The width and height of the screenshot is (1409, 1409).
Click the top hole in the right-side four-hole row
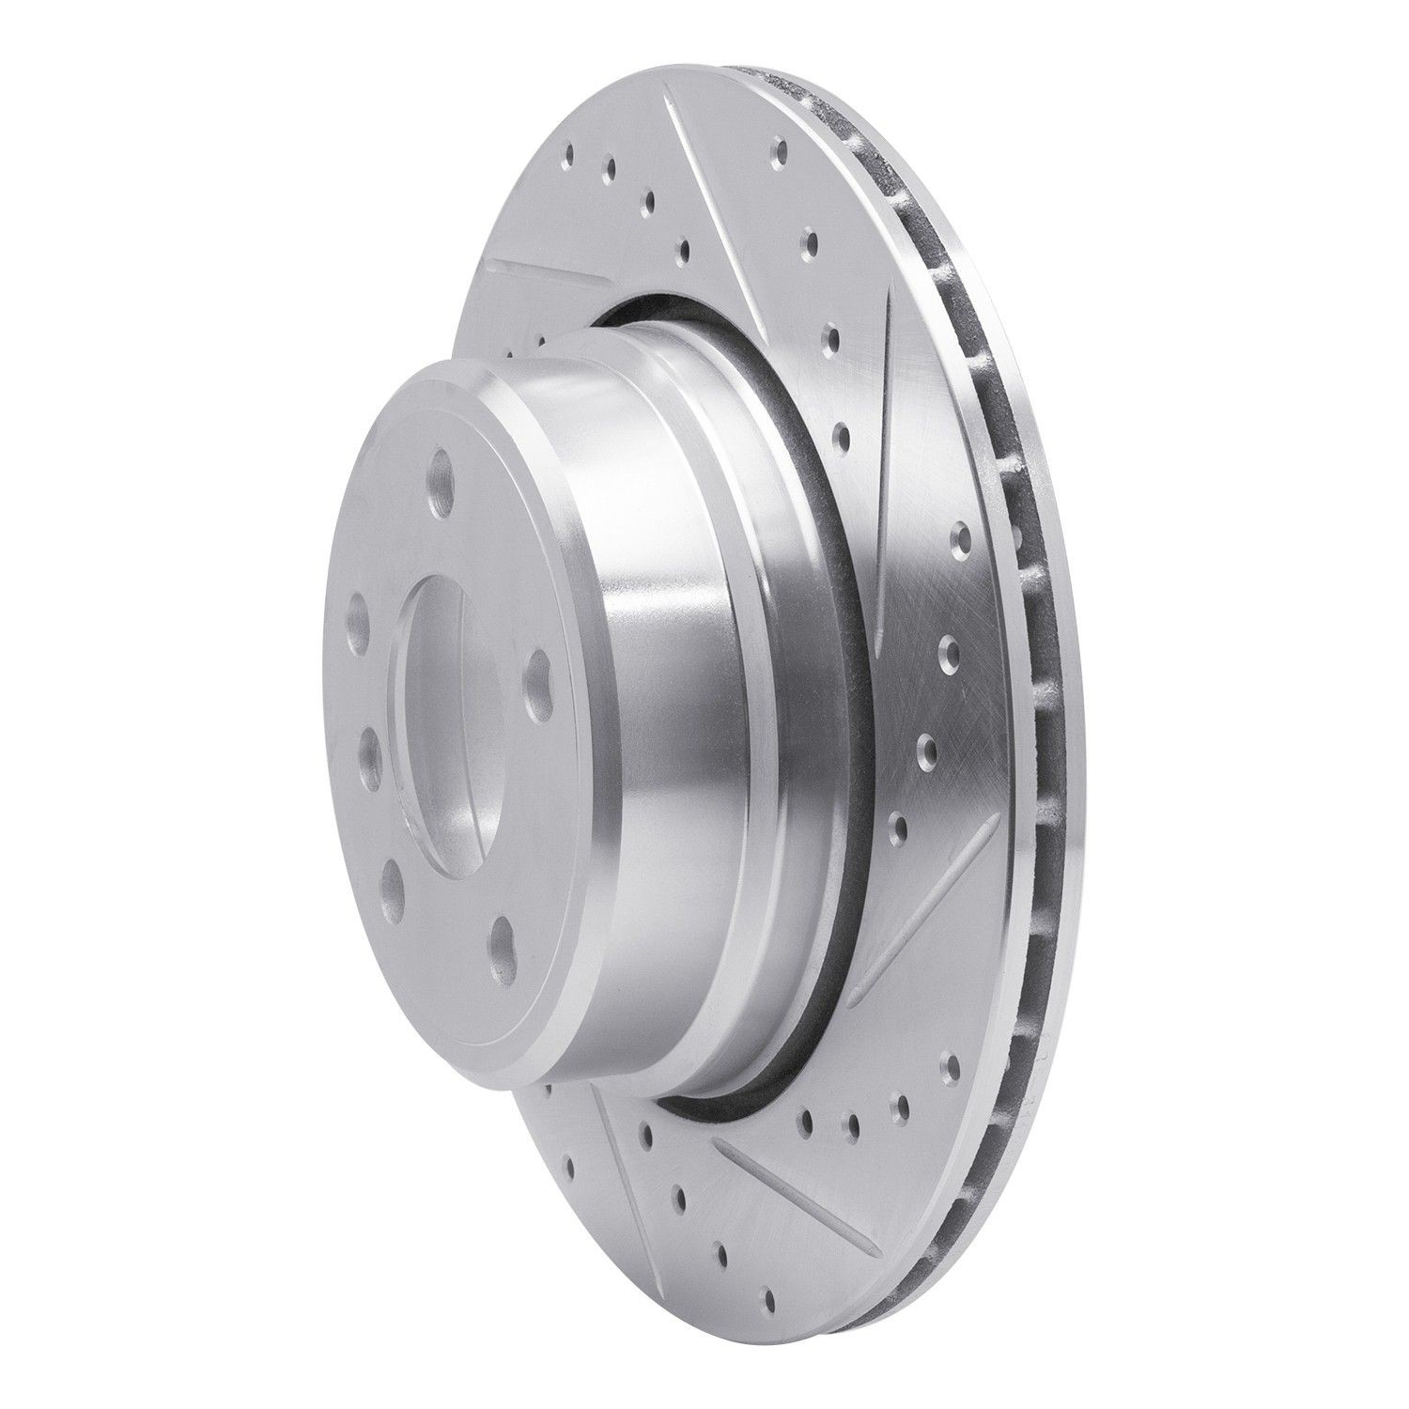(x=960, y=536)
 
